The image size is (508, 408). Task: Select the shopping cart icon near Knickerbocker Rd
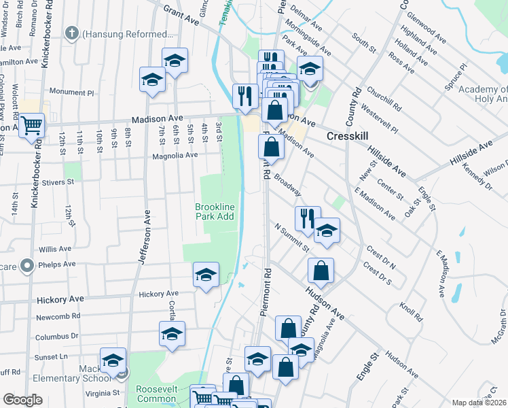tap(31, 126)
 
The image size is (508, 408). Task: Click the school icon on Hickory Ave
tap(206, 275)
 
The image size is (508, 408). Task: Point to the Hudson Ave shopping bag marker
tap(321, 271)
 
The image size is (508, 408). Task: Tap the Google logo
tap(22, 400)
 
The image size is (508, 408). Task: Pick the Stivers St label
tap(57, 182)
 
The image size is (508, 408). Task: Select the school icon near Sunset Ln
tap(113, 360)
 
